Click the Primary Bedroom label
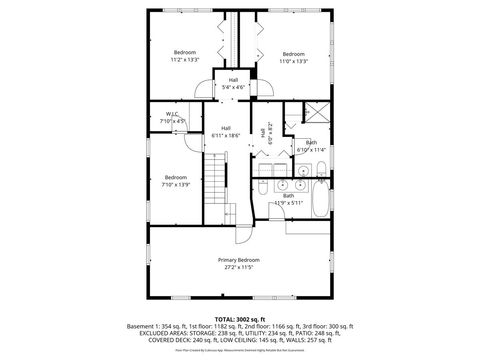point(239,259)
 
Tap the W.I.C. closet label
point(174,114)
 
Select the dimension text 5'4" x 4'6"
point(233,87)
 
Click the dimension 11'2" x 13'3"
point(185,60)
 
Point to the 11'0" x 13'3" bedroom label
point(293,60)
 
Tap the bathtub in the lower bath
point(319,196)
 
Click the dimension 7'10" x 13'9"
point(176,184)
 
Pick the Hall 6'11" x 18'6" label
point(226,131)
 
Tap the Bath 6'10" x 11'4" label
point(311,146)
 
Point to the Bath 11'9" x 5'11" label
point(288,199)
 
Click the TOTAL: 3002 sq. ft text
point(239,318)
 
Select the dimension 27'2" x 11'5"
point(239,267)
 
